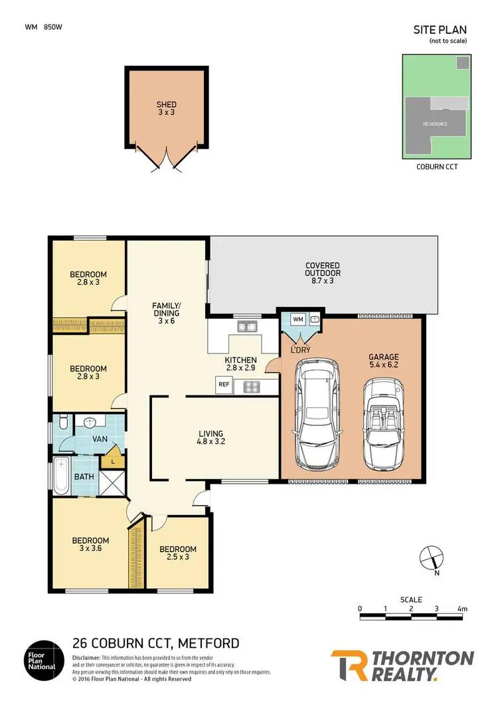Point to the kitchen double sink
pos(250,326)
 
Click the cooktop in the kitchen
pos(253,385)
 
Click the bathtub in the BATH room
pos(62,476)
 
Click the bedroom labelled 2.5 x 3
pos(179,553)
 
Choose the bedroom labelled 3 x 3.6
pos(90,545)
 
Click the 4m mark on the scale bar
pos(462,609)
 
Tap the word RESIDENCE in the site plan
pos(436,124)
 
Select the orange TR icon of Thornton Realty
pos(350,666)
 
